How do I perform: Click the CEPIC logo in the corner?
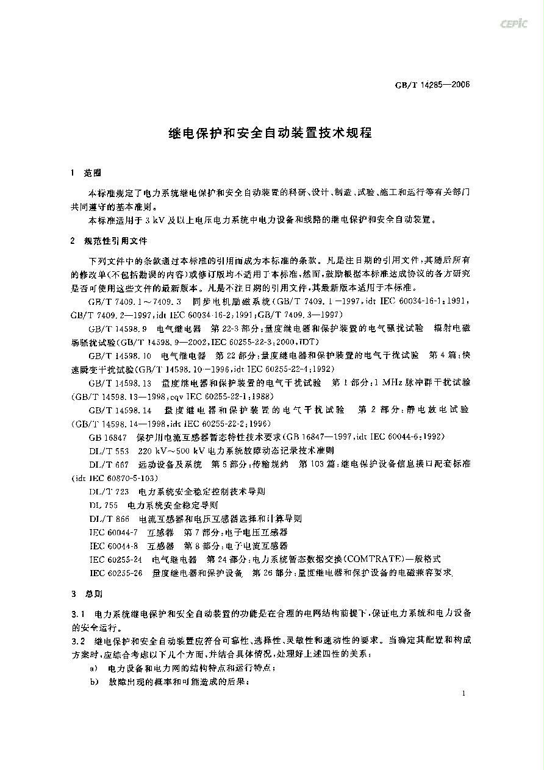coord(514,24)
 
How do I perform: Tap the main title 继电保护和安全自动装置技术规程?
coord(270,132)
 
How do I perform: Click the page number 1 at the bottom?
coord(464,694)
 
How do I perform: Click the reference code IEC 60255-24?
coord(116,559)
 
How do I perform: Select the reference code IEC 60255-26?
coord(116,572)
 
